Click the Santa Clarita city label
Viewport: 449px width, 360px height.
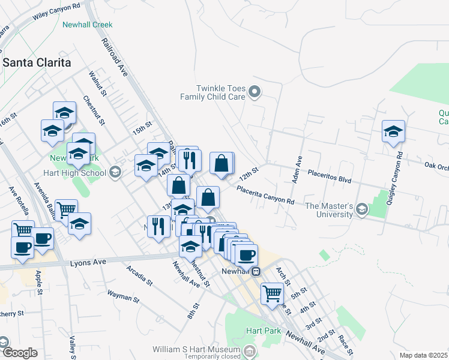pos(37,62)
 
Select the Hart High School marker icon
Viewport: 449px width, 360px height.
pos(114,173)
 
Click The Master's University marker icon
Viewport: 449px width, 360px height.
pos(361,209)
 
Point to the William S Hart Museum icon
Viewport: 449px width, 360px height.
pos(250,349)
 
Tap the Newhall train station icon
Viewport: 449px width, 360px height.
pos(256,271)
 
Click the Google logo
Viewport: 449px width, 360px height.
pos(19,353)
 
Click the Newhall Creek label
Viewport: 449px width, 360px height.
pos(87,25)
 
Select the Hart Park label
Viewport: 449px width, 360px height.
pos(259,331)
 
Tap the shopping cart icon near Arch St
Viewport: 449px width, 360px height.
pos(272,293)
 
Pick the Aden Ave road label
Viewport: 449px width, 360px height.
pos(297,170)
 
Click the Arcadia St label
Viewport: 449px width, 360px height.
pos(140,275)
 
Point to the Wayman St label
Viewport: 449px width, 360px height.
pos(123,296)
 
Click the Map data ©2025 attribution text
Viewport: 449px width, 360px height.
pos(423,355)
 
